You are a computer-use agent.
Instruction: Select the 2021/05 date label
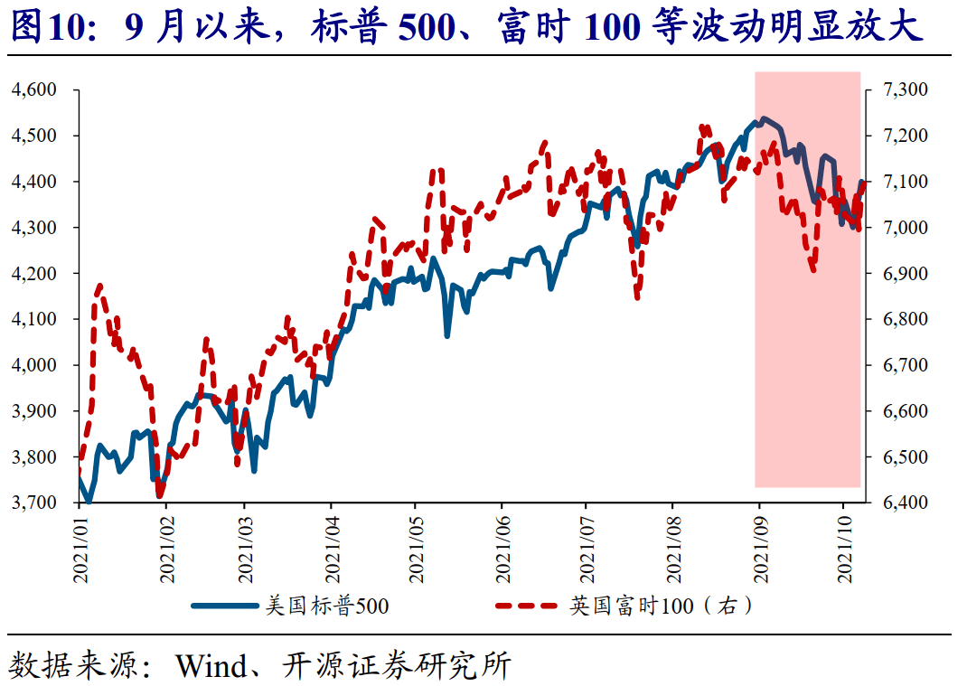pos(416,550)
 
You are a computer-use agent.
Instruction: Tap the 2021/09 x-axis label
pos(760,550)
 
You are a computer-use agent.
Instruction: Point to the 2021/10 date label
pos(844,550)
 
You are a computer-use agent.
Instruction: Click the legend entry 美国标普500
pos(326,606)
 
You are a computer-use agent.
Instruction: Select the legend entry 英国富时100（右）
pos(660,606)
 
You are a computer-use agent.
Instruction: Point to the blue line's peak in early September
pos(764,118)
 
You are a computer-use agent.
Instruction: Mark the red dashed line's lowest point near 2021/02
pos(160,494)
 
